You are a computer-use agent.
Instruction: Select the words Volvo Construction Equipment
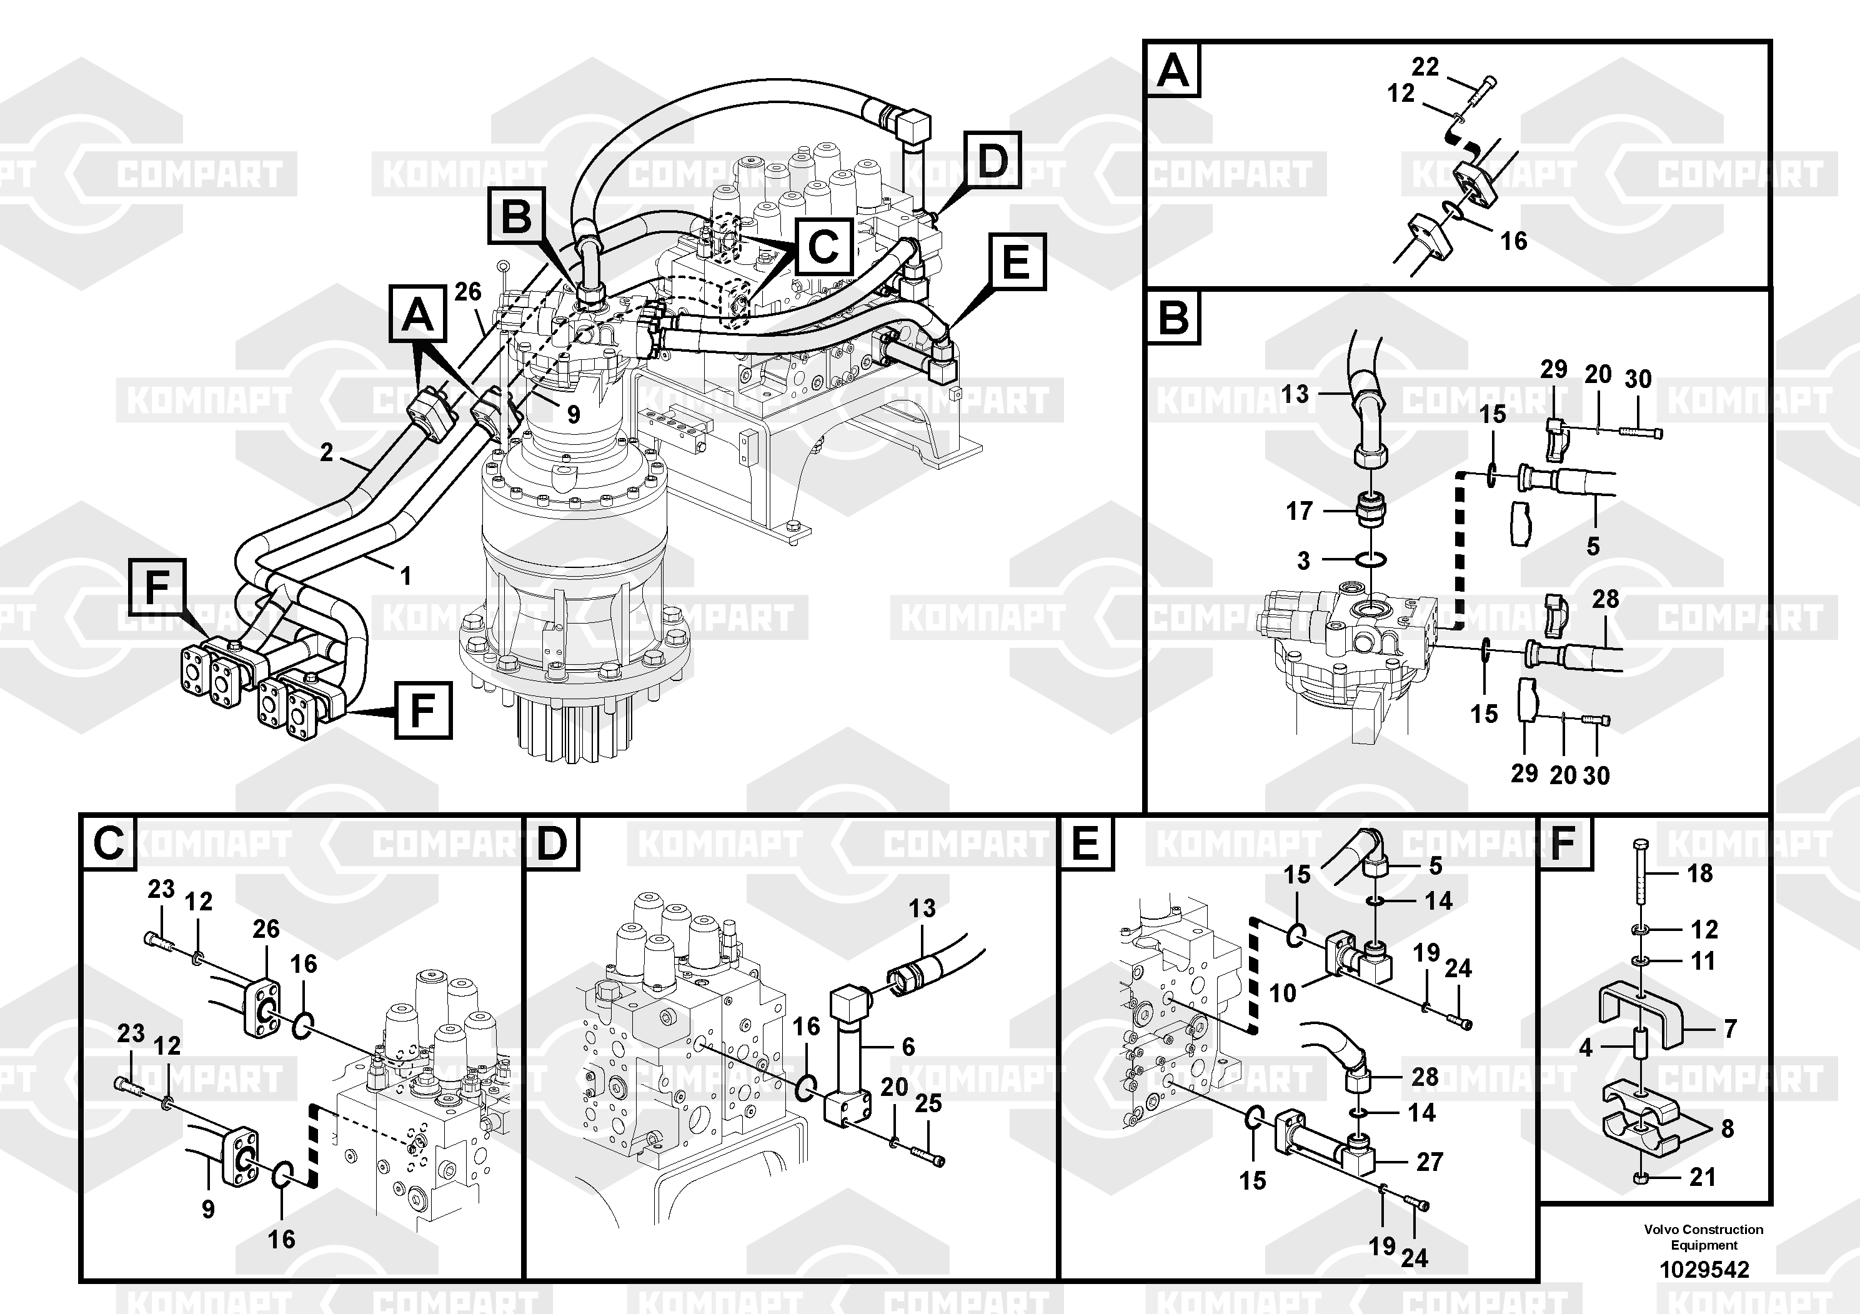[1704, 1237]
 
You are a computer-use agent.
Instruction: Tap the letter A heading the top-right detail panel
[1173, 71]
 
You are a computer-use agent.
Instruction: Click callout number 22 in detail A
[1425, 66]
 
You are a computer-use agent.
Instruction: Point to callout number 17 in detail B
[1300, 511]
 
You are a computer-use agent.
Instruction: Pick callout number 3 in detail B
[1303, 560]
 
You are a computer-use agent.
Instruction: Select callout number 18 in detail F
[1699, 874]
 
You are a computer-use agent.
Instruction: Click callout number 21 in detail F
[1702, 1177]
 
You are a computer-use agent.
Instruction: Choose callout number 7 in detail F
[1731, 1029]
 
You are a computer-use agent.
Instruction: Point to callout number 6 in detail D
[908, 1047]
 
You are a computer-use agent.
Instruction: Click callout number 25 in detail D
[928, 1103]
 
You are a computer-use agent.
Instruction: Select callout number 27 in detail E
[1430, 1162]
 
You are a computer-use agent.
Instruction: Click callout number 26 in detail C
[266, 929]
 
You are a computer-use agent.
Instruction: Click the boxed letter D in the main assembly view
[992, 161]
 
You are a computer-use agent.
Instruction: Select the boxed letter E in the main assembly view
[1016, 262]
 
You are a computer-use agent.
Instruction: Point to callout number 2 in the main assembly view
[327, 452]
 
